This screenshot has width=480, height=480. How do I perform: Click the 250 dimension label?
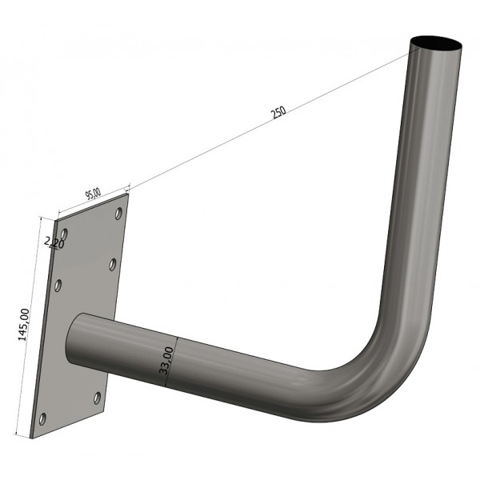[278, 113]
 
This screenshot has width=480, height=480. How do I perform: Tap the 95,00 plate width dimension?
[93, 194]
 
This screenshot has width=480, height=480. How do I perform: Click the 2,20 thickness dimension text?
[54, 242]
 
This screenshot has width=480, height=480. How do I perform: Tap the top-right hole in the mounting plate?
[118, 214]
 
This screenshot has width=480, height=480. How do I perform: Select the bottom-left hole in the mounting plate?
[43, 418]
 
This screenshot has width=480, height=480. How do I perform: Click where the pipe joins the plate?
[80, 340]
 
